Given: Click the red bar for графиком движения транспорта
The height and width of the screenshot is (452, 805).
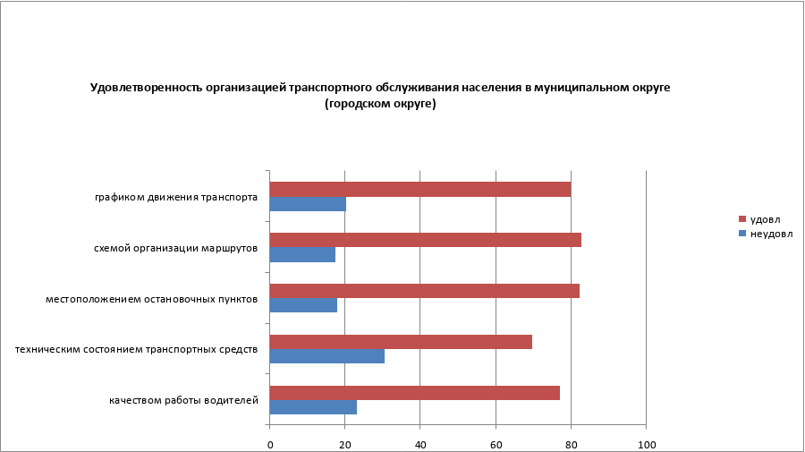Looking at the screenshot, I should coord(419,189).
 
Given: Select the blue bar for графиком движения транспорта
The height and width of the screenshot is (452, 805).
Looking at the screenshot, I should coord(308,204).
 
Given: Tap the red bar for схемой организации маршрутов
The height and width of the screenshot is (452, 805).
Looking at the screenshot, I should coord(425,240).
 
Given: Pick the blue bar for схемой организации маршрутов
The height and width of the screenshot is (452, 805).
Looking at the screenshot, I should coord(302,255).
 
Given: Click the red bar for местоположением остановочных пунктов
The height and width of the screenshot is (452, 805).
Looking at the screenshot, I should coord(424,291).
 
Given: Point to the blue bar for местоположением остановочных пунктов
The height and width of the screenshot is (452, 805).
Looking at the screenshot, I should coord(303,305).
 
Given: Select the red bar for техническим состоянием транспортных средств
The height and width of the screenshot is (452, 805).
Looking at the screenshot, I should coord(401,341).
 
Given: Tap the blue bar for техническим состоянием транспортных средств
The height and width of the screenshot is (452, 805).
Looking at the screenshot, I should coord(326,356).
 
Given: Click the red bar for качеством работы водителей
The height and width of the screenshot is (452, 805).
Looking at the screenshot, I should coord(414,392).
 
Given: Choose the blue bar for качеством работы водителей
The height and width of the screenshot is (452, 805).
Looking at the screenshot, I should coord(313,407).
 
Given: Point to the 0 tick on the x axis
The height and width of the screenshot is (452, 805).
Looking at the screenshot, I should coord(269,444).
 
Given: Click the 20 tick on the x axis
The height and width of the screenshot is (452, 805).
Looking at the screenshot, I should coord(344,444).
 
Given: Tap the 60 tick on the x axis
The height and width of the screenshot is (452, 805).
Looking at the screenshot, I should coord(496,444).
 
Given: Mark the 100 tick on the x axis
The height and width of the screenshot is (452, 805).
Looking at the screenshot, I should coord(646,444).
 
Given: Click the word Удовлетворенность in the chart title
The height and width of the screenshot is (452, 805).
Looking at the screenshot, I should coord(143,88).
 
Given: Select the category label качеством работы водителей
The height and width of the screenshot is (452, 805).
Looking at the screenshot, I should coord(183,400).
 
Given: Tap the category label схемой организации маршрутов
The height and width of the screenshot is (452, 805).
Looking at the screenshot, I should coord(176,248).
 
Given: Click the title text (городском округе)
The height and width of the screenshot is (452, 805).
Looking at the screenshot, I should coord(380,104).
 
